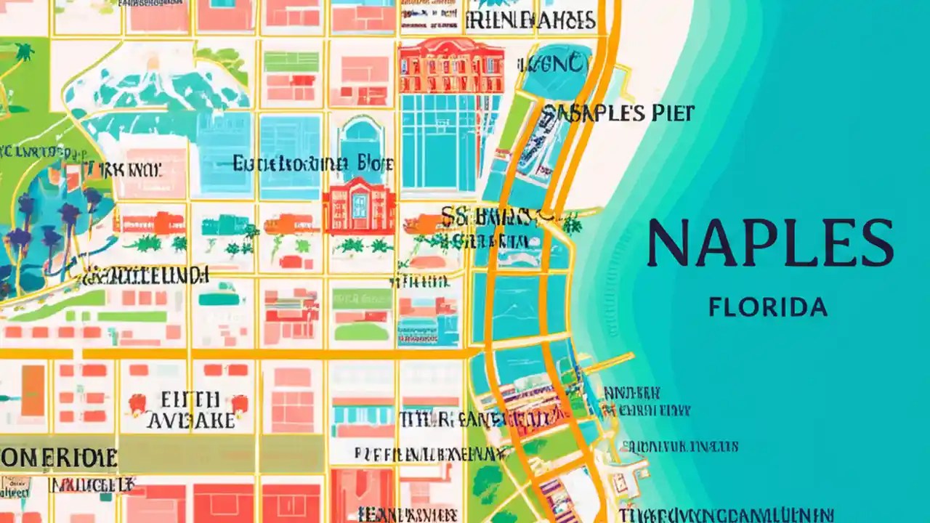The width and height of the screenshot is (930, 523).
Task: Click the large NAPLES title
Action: (769, 243)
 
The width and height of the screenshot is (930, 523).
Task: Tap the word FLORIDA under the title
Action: (768, 307)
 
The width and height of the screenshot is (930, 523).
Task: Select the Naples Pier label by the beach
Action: (618, 113)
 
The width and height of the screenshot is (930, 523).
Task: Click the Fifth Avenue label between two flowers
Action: (190, 410)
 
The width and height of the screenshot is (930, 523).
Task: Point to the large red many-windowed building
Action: (451, 66)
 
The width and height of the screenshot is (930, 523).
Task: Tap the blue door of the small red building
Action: (360, 207)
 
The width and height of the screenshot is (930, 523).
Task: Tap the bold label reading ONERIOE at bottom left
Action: (58, 458)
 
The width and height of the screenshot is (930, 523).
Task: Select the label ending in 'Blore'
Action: (313, 164)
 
